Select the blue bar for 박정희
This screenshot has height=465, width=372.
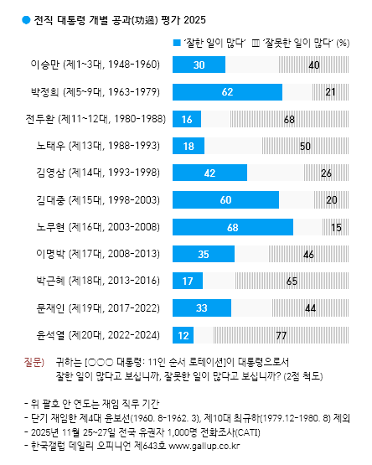227,90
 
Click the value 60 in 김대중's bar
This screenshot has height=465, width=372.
225,199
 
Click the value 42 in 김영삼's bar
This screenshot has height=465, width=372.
209,173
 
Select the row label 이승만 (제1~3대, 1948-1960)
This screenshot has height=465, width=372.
98,65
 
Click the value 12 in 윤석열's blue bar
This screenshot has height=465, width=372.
182,335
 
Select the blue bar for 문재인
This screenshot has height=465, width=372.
201,308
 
